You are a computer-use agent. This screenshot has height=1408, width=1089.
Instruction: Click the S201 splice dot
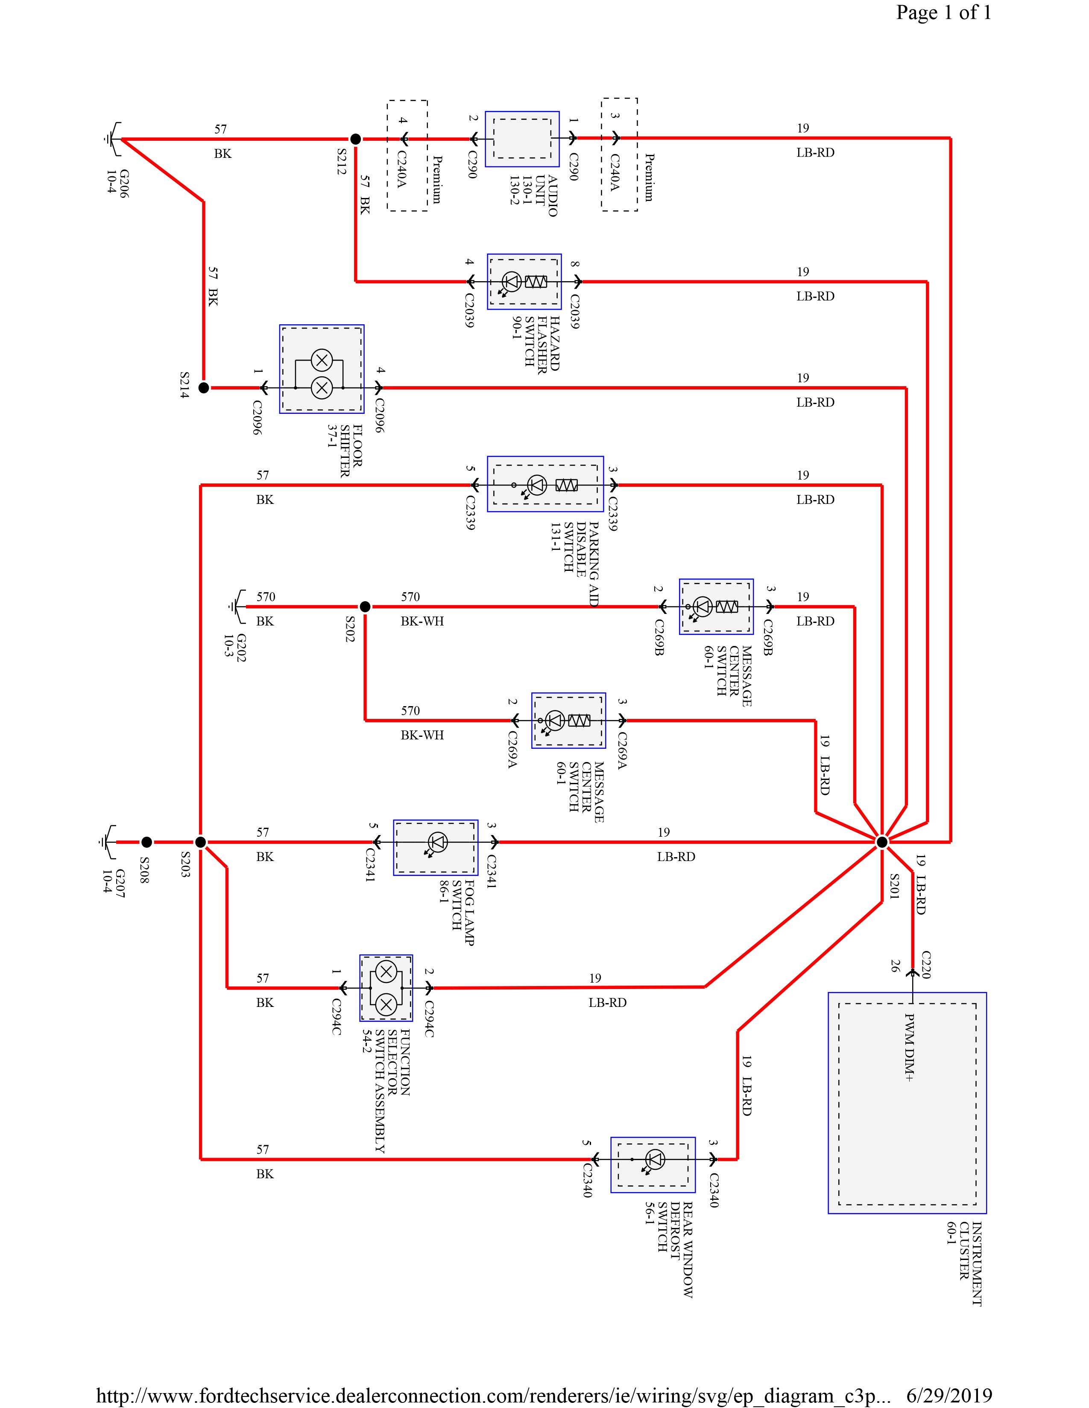882,842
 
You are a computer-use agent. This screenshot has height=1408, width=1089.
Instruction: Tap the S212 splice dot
355,139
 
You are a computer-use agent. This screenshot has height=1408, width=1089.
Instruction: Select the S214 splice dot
204,388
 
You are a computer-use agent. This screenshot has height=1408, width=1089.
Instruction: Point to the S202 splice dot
365,607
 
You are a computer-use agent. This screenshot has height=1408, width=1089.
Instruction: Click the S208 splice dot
146,842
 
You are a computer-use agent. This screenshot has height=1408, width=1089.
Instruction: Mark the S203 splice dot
201,842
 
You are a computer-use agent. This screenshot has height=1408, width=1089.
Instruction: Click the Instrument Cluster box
907,1103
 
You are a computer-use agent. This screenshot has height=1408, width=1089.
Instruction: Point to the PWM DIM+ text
908,1047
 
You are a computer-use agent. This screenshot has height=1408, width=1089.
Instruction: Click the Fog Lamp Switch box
436,848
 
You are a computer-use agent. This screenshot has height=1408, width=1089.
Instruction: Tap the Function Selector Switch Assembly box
386,988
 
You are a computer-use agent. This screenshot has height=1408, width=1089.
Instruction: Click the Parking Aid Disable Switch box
545,484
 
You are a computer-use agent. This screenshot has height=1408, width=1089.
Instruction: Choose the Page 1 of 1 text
943,13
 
